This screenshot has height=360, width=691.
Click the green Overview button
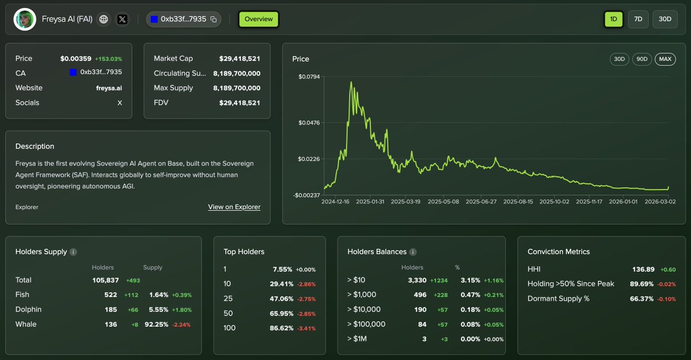(259, 19)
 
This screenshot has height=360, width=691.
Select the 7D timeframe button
(638, 19)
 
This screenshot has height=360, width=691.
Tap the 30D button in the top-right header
(665, 19)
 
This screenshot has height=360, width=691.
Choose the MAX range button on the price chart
(665, 59)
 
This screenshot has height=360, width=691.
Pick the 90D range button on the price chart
(641, 59)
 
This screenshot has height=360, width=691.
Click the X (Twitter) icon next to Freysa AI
(122, 19)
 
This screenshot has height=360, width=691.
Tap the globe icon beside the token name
(104, 19)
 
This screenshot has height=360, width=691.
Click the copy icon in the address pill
(214, 20)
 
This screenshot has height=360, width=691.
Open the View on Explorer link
(234, 207)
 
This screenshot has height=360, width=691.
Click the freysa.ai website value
(109, 88)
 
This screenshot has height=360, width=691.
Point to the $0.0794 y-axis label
(309, 77)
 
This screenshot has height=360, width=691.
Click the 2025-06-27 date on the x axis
(481, 202)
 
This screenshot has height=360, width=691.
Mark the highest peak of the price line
(351, 82)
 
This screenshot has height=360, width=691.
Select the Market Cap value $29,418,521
(240, 59)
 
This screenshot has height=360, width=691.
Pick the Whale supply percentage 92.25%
(158, 324)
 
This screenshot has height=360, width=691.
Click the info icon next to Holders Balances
(413, 252)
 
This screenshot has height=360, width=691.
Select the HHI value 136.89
(644, 269)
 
